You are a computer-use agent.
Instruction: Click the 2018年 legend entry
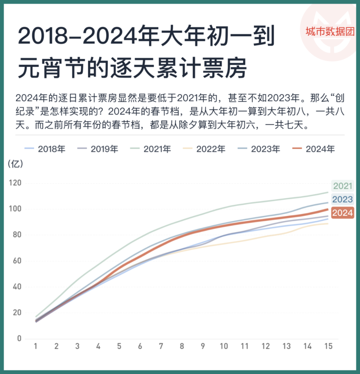(45, 149)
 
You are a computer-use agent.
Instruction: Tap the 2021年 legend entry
(151, 149)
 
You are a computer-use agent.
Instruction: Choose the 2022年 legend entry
(204, 149)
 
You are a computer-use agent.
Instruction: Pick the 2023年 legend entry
(258, 149)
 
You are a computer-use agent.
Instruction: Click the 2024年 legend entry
(313, 149)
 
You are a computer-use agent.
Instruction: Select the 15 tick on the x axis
(328, 346)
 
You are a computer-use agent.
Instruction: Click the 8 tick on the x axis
(182, 346)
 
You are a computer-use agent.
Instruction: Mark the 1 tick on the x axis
(36, 346)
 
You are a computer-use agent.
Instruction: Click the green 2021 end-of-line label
(342, 186)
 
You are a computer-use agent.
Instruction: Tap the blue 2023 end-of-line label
(342, 199)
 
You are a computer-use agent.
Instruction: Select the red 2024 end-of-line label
(342, 213)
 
